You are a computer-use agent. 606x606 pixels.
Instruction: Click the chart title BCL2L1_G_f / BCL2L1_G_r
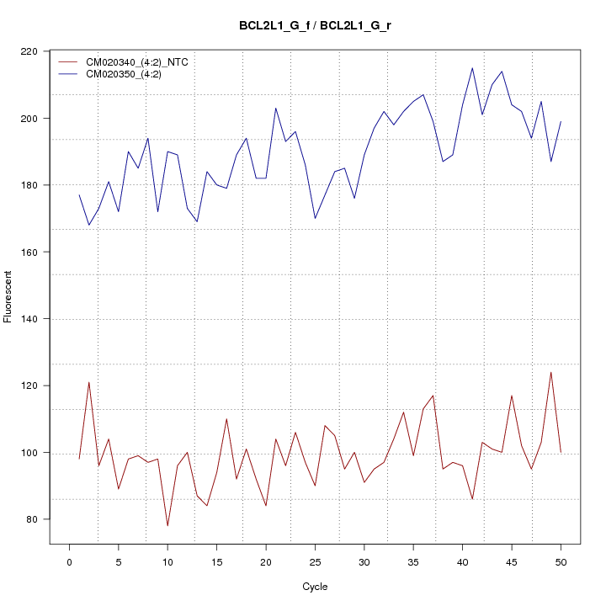click(x=314, y=25)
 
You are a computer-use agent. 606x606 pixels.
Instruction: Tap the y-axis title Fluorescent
click(x=8, y=296)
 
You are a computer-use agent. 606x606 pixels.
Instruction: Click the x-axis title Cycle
click(x=314, y=587)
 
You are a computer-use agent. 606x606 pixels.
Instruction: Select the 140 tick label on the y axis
click(x=34, y=319)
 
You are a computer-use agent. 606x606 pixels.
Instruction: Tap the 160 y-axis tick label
click(x=34, y=252)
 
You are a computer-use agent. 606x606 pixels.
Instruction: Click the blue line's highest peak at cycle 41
click(x=472, y=68)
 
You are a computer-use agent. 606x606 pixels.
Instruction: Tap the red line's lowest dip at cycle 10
click(x=167, y=526)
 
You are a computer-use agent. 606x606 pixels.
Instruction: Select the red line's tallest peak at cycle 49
click(x=550, y=372)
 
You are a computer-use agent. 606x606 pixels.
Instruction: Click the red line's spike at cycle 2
click(x=89, y=382)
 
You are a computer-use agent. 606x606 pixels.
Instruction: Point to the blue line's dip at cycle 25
click(x=315, y=219)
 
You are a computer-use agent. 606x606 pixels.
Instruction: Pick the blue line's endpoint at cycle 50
click(x=561, y=122)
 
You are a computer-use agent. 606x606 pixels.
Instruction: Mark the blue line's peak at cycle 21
click(x=276, y=108)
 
